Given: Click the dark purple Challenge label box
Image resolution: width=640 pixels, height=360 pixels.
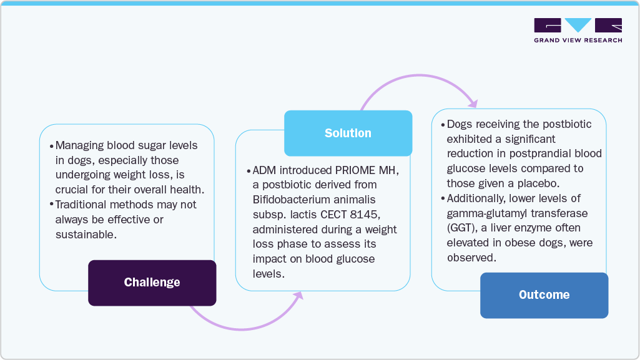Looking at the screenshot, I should tap(152, 283).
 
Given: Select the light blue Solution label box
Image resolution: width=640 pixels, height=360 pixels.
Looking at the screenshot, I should tap(348, 133).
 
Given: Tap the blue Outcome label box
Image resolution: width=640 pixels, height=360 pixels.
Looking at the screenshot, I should tap(544, 295).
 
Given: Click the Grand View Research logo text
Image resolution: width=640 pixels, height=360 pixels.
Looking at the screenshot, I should tap(578, 41).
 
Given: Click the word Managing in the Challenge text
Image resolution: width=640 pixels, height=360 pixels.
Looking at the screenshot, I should tap(78, 145).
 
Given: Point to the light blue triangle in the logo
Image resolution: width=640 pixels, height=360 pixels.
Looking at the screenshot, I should tap(578, 25).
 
